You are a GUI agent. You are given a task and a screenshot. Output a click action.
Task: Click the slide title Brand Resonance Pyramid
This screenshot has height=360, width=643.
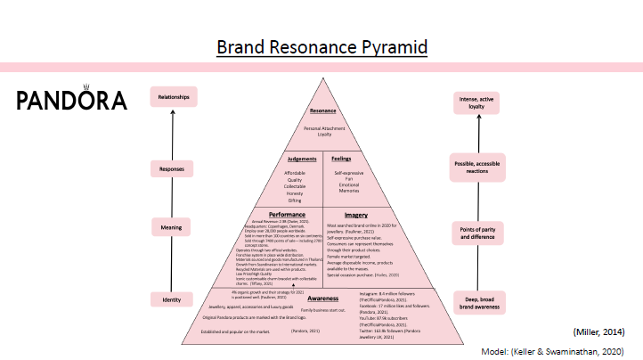[x=321, y=45]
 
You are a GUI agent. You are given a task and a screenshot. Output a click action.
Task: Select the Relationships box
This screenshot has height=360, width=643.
[x=174, y=96]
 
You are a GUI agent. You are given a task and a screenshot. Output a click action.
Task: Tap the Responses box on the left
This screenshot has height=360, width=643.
[x=172, y=168]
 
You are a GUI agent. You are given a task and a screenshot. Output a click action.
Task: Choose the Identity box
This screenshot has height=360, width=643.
[x=171, y=300]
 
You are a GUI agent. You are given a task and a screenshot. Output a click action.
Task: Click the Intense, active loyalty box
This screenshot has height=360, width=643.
[x=478, y=102]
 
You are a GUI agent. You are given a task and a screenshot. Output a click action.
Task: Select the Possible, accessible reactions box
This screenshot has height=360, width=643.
[x=478, y=168]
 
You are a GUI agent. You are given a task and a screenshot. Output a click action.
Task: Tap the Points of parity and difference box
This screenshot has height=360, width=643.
[x=478, y=233]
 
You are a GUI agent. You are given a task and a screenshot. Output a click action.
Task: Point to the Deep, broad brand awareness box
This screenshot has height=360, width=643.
[x=478, y=301]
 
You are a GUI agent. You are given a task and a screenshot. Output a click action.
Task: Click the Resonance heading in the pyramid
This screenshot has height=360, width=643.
[x=322, y=111]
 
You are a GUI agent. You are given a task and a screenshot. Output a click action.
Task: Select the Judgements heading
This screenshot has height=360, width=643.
[x=294, y=159]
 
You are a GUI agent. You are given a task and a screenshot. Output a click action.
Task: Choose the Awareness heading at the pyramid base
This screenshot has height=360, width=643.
[x=321, y=299]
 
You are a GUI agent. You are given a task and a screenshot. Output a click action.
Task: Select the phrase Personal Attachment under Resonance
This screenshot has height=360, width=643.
[x=322, y=128]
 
